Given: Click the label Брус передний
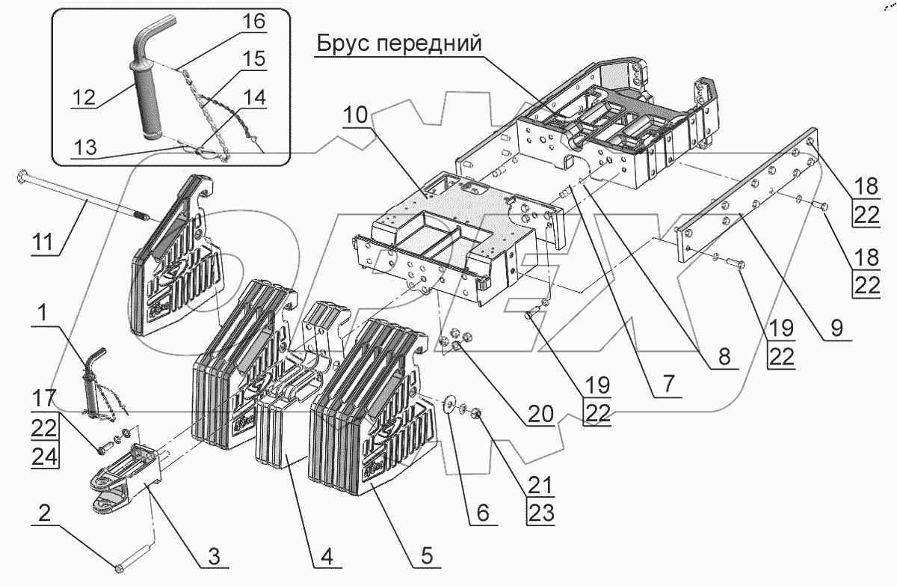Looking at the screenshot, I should [398, 44].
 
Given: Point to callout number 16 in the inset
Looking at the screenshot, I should [253, 22].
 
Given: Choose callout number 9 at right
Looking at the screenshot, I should [836, 326].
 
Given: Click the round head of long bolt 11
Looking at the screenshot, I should [21, 177].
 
